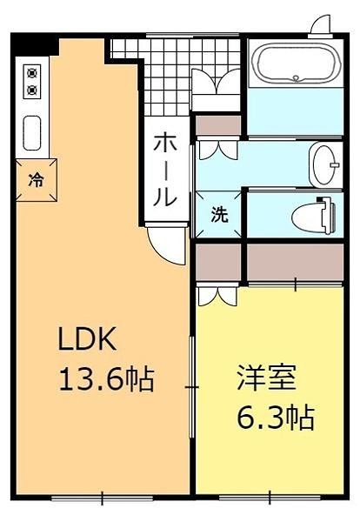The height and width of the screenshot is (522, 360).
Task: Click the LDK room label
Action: click(87, 338)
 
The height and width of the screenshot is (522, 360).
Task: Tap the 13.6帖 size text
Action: click(105, 378)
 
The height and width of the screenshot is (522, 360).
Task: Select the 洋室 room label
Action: click(267, 378)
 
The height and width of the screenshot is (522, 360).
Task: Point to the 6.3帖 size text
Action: click(276, 418)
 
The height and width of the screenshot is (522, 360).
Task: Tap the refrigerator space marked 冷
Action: click(36, 180)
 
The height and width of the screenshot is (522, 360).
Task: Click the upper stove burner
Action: click(33, 73)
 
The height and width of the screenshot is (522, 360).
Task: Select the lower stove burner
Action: click(33, 90)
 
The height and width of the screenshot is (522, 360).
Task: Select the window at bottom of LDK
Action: click(103, 498)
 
